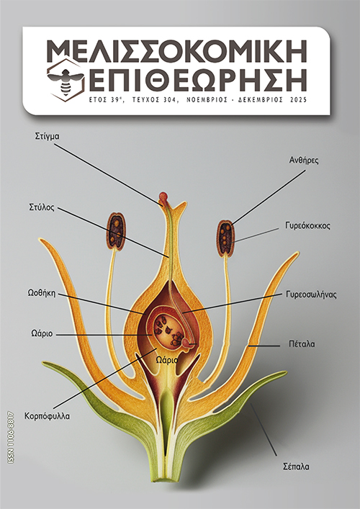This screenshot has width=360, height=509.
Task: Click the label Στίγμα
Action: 47,136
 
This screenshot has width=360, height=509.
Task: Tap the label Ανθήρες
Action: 304,161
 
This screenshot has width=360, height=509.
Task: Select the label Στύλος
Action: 42,208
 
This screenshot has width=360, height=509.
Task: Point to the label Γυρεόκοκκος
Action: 307,225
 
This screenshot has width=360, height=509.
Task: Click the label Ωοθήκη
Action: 42,294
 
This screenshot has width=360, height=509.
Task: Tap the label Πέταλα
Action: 302,343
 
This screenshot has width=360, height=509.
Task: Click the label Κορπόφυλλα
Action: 47,416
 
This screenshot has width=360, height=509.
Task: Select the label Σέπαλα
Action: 296,467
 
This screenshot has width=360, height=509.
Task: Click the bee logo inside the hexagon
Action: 66,79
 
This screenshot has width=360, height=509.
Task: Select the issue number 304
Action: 169,100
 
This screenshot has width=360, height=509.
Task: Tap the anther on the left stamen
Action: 116,231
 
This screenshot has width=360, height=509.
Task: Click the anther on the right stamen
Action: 225,238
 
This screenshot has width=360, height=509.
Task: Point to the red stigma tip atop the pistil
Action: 163,197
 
